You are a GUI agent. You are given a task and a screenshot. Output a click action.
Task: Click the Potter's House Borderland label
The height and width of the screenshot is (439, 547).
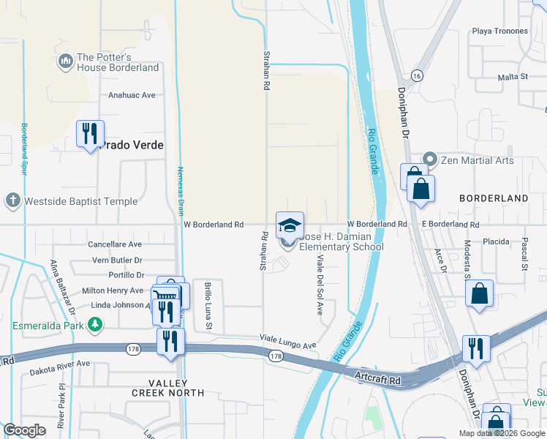117,62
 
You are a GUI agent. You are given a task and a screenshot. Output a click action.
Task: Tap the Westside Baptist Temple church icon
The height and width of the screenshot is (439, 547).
12,200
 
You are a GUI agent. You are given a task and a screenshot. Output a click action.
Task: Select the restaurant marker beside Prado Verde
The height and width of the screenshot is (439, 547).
90,134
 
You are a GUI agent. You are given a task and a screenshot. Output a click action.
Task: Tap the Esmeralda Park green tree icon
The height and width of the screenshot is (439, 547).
94,323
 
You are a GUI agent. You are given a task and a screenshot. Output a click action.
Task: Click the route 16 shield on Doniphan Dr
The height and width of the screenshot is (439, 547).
417,75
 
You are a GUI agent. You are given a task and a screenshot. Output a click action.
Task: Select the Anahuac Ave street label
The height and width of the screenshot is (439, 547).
132,95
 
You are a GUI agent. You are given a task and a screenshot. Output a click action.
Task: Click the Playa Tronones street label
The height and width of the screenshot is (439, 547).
499,31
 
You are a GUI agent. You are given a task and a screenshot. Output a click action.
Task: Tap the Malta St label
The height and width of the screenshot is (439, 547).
513,77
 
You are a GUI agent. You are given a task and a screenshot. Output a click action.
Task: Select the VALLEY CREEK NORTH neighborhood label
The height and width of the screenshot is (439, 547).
167,388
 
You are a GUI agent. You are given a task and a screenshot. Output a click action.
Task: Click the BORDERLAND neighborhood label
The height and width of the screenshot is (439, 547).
493,198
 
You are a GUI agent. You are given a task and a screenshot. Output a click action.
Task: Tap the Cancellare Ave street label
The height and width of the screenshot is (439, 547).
114,244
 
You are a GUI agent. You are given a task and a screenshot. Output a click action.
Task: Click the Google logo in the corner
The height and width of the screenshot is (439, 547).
24,429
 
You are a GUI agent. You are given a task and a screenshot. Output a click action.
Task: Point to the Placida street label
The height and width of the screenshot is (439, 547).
495,241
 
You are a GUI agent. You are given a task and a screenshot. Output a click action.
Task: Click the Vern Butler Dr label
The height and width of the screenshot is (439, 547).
117,260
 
